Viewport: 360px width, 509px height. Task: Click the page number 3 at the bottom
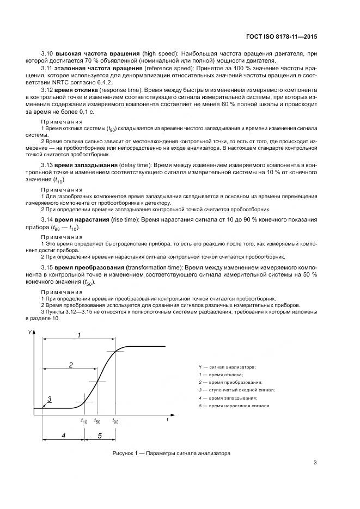point(315,464)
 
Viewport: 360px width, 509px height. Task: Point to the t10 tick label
point(84,421)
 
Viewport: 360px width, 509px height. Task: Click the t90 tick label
point(115,421)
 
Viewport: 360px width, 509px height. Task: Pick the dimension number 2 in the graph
point(71,365)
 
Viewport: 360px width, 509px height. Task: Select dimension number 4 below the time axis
point(64,436)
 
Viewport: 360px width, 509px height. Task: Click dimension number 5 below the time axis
point(99,436)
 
